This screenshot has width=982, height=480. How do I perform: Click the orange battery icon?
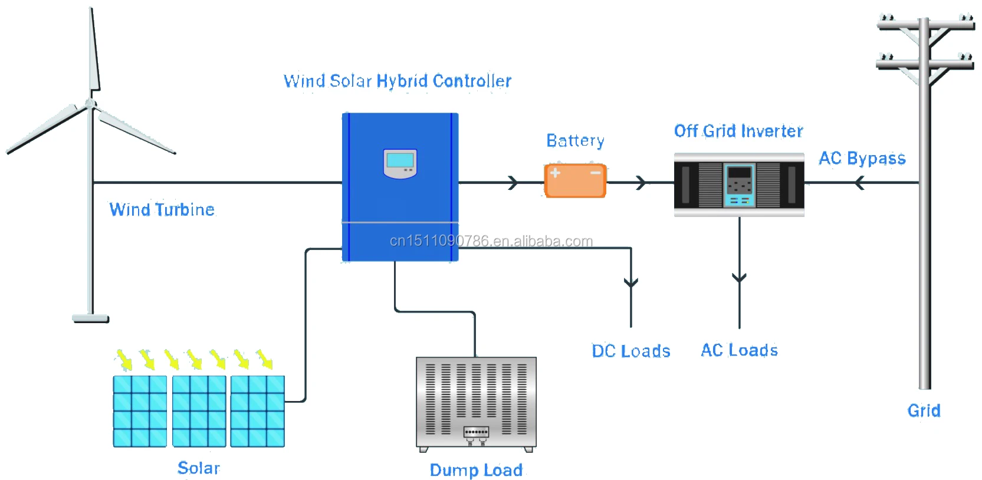[x=575, y=181]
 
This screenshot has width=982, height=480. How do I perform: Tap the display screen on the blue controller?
[x=400, y=160]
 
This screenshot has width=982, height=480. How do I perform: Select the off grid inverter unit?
[x=739, y=185]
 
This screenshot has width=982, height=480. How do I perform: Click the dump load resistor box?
[x=476, y=403]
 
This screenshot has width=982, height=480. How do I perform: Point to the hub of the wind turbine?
[x=90, y=104]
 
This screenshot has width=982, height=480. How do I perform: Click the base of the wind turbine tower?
[x=90, y=318]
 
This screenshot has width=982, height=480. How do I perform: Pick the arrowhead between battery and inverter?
[x=642, y=183]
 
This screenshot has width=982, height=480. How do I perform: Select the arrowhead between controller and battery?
[x=513, y=183]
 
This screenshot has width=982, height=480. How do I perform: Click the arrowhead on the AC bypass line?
[x=859, y=183]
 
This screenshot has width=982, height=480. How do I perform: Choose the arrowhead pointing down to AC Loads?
[x=739, y=277]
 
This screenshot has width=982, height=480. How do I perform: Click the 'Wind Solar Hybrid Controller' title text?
[x=398, y=81]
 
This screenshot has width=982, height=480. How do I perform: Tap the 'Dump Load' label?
[x=476, y=470]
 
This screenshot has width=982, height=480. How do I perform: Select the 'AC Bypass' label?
[x=862, y=158]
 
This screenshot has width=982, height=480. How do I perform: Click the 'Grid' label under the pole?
[x=924, y=410]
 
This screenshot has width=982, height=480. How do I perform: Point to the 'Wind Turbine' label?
[x=162, y=209]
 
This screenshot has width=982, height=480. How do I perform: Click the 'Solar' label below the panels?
[x=199, y=468]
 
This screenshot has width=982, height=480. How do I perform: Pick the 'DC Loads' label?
[x=631, y=351]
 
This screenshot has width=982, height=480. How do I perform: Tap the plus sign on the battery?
[x=555, y=173]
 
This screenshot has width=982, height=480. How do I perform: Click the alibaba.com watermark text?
[x=491, y=241]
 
